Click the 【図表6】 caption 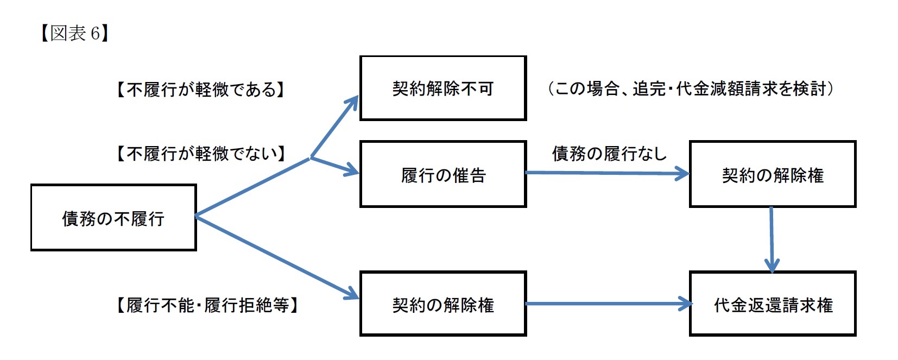pyautogui.click(x=74, y=34)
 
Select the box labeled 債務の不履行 pyautogui.click(x=113, y=218)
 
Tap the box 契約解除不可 pyautogui.click(x=442, y=88)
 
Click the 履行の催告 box pyautogui.click(x=442, y=174)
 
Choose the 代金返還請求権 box pyautogui.click(x=772, y=304)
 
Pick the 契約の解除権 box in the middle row pyautogui.click(x=772, y=174)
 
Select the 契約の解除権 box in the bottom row pyautogui.click(x=442, y=304)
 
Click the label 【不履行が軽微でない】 pyautogui.click(x=200, y=154)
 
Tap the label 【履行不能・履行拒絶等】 pyautogui.click(x=207, y=305)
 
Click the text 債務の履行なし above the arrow pyautogui.click(x=609, y=154)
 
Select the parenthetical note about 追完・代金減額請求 pyautogui.click(x=690, y=89)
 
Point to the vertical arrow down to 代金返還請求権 pyautogui.click(x=771, y=239)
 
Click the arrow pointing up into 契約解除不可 pyautogui.click(x=334, y=127)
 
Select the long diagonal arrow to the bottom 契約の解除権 pyautogui.click(x=277, y=258)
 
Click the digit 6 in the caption pyautogui.click(x=94, y=34)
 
